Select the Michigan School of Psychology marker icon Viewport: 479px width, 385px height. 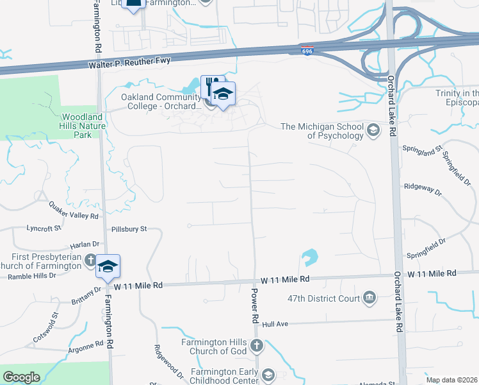[373, 131]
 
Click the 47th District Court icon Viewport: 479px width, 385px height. [369, 298]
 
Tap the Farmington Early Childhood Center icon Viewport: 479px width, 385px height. [268, 374]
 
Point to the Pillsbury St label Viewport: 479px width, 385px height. [130, 228]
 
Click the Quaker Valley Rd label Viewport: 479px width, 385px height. [74, 210]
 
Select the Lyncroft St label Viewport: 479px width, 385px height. [44, 228]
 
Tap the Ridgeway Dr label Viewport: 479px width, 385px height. [423, 189]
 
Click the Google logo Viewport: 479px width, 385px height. [22, 377]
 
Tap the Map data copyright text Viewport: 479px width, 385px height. [451, 380]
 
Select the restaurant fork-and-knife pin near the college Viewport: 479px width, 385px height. [210, 87]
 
